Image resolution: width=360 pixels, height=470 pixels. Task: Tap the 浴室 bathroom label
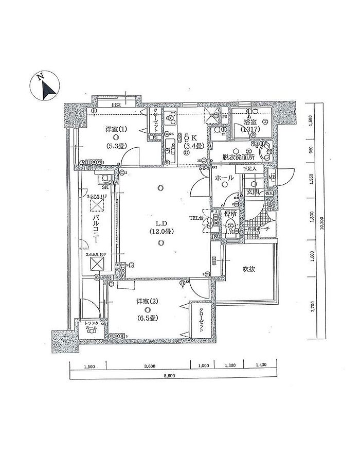[251, 123]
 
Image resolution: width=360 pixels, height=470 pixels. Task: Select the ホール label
[224, 178]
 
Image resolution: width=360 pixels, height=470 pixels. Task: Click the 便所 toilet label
[230, 213]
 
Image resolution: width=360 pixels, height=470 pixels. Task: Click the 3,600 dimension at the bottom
[149, 366]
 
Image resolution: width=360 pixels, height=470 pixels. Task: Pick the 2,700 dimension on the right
[313, 308]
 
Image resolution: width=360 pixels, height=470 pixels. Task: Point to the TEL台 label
[196, 218]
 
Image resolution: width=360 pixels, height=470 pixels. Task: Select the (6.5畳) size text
[148, 318]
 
